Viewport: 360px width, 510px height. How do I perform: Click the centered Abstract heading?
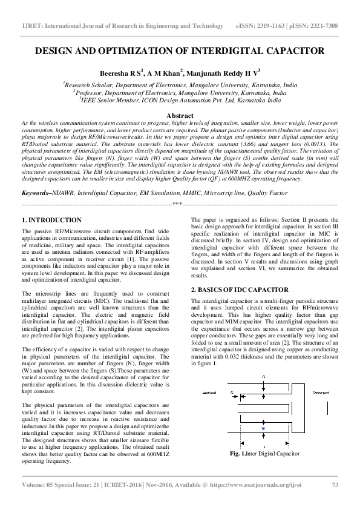[x=180, y=116]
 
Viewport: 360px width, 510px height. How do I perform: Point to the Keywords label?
[x=36, y=193]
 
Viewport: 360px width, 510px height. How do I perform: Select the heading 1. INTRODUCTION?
[x=51, y=220]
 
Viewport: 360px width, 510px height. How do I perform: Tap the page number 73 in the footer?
[x=335, y=485]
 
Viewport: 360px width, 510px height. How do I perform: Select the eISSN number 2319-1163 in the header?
[x=272, y=26]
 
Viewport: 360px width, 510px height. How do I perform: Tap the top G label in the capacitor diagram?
[x=263, y=377]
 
